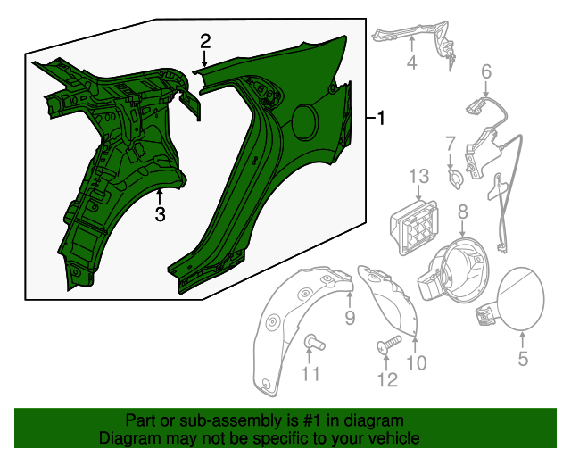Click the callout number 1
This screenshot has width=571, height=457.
[x=381, y=118]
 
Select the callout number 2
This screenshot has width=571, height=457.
[x=205, y=41]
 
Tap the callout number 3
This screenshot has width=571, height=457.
[x=160, y=214]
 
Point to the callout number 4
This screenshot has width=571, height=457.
[x=411, y=62]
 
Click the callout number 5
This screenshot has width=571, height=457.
[x=523, y=359]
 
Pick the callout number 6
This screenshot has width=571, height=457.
[x=486, y=71]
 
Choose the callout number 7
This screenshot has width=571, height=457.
[x=451, y=142]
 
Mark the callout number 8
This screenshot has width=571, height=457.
[x=462, y=212]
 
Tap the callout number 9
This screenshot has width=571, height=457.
[x=350, y=318]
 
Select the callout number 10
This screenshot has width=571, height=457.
[x=417, y=362]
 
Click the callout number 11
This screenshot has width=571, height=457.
[x=309, y=375]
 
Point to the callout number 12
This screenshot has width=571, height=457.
[x=386, y=380]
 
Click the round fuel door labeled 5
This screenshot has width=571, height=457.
[x=523, y=299]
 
